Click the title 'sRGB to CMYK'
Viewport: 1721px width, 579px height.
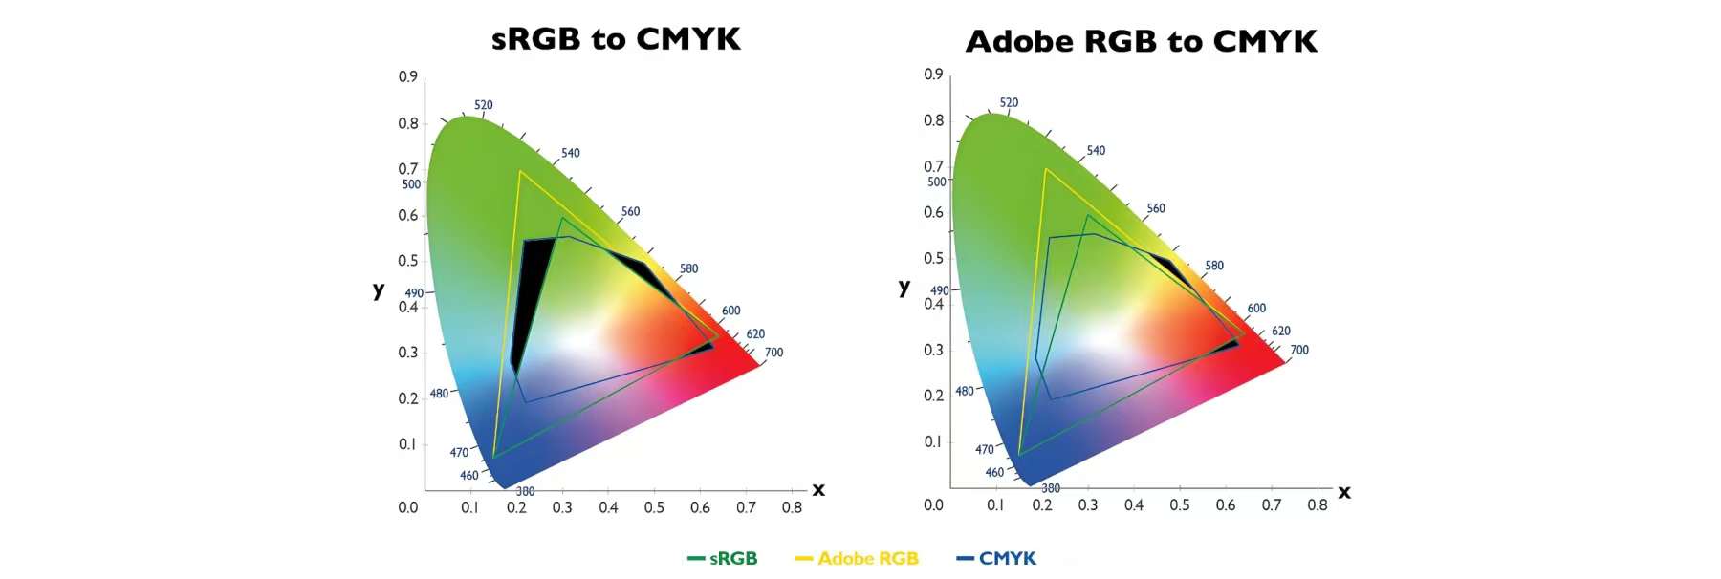point(616,38)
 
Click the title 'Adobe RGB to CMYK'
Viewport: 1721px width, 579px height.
point(1141,41)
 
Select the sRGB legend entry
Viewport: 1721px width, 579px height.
point(724,558)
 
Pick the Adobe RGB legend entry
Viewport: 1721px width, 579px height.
point(858,558)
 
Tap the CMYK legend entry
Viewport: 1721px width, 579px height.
point(997,558)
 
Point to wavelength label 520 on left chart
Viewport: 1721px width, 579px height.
point(484,105)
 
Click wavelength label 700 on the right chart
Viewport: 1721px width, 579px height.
point(1299,350)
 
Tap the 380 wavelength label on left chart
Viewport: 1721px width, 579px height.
point(525,491)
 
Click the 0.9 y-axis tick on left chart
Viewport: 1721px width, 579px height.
point(408,76)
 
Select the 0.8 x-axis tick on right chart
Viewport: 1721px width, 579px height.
point(1318,504)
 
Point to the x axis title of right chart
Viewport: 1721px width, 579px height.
point(1343,491)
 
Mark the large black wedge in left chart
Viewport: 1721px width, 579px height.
point(532,296)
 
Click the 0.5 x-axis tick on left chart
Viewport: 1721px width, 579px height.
point(654,507)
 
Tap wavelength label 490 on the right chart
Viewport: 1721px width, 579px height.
point(940,290)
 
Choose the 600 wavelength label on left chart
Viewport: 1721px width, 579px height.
point(730,311)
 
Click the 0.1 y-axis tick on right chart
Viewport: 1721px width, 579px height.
point(933,441)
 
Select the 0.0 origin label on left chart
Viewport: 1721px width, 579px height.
point(408,507)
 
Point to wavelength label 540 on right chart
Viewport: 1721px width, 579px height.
point(1096,150)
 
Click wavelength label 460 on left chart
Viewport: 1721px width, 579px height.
point(468,475)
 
